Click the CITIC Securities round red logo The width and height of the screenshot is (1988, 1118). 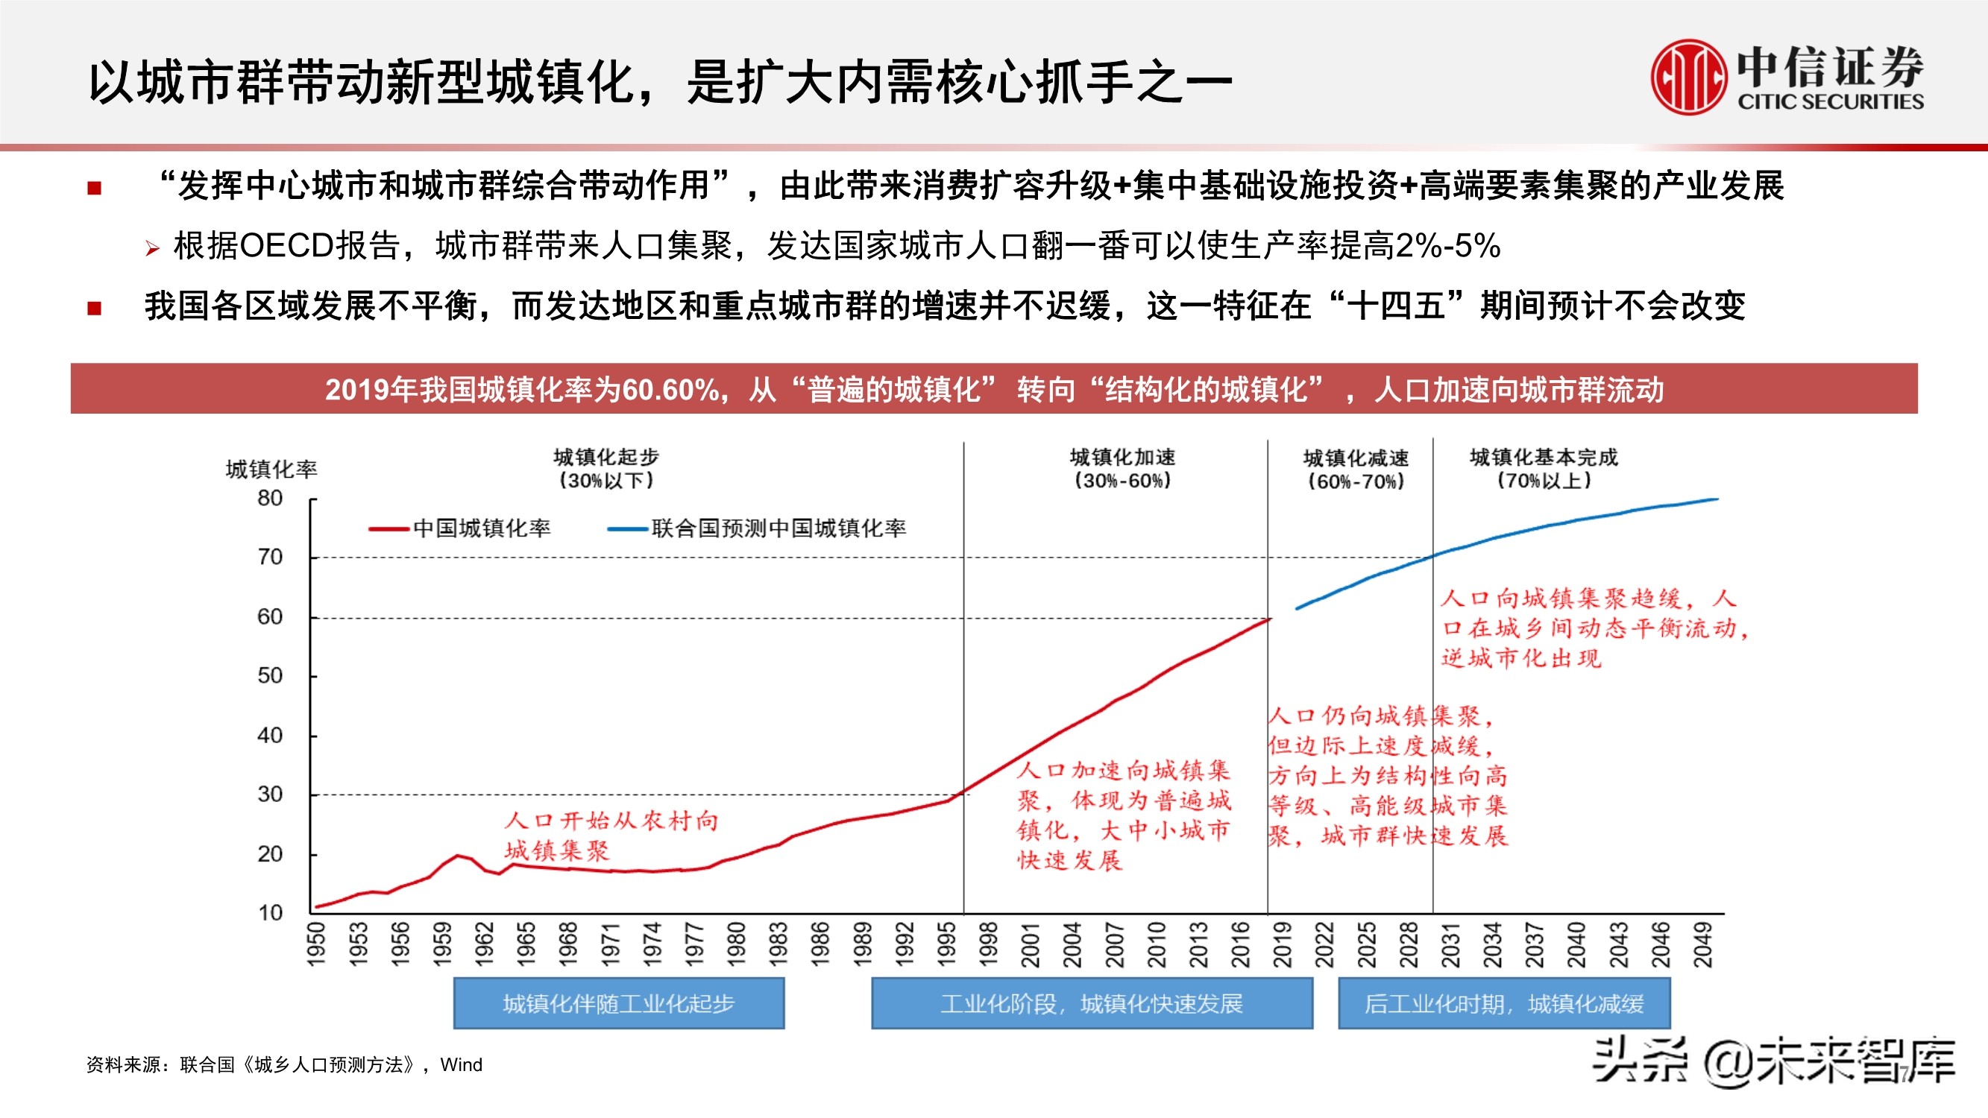pos(1688,78)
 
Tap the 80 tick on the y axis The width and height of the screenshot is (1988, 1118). pos(270,499)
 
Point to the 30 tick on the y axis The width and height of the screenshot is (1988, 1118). pos(270,795)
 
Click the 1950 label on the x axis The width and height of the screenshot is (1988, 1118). pos(317,944)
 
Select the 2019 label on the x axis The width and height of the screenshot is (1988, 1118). pos(1282,944)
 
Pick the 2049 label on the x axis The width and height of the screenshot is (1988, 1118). pos(1702,944)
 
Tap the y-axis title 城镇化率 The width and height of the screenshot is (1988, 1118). pos(271,469)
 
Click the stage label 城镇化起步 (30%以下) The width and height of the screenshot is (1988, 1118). pos(605,468)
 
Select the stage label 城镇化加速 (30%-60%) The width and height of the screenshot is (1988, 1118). pos(1122,468)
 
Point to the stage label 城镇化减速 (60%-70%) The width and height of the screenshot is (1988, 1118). pos(1356,469)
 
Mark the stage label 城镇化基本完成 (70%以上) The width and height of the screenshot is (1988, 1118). pos(1544,468)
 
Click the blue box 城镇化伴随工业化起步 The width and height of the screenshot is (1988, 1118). pos(619,1003)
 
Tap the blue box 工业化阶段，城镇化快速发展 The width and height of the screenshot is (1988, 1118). pos(1091,1003)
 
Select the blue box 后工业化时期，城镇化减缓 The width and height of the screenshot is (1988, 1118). pos(1503,1003)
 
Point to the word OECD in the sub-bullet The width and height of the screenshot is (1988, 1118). pos(286,246)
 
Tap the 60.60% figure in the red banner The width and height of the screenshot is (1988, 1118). pos(670,390)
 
